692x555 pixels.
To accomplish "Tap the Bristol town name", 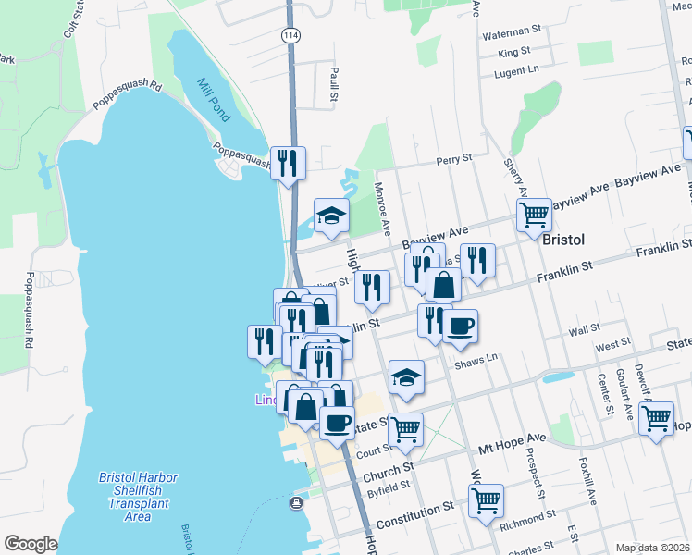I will (x=563, y=239).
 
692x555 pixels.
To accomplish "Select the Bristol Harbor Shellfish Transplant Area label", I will (x=138, y=497).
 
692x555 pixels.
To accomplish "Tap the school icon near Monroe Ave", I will (x=331, y=216).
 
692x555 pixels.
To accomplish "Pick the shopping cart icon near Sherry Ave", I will (x=534, y=215).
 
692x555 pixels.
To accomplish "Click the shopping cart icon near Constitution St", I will (x=486, y=500).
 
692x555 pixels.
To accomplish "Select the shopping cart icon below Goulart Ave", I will (x=657, y=417).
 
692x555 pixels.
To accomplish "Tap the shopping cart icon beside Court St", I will (x=405, y=428).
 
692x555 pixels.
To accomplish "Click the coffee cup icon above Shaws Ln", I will (x=460, y=326).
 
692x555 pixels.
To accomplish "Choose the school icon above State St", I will (x=406, y=376).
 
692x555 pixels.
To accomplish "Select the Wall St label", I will (x=585, y=328).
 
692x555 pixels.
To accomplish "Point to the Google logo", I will (x=31, y=544).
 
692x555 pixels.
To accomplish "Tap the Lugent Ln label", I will (x=516, y=71).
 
